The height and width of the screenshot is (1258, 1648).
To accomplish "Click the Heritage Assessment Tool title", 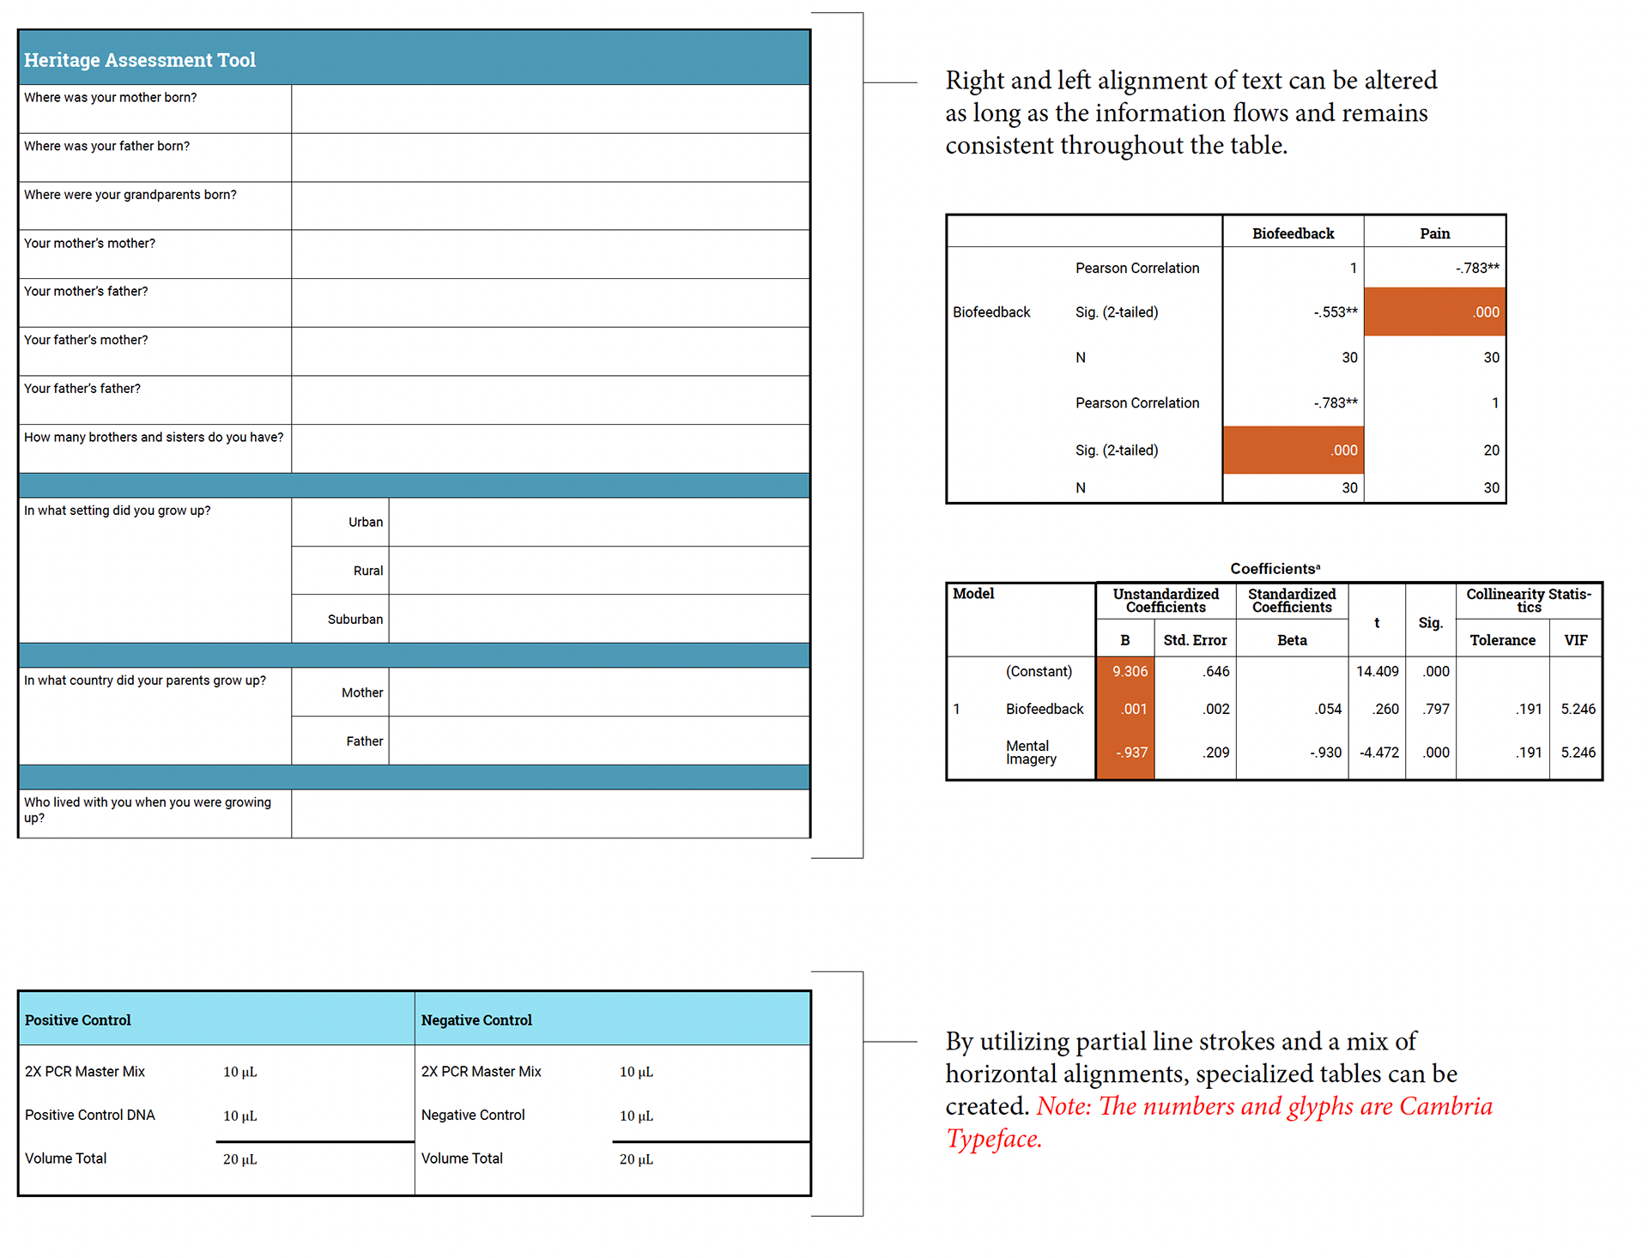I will (140, 60).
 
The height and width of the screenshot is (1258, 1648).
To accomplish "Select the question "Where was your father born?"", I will (107, 147).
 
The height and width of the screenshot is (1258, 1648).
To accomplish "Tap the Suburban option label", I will (355, 620).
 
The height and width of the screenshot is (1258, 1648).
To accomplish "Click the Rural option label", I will (368, 571).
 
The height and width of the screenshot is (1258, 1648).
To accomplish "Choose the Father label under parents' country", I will (365, 741).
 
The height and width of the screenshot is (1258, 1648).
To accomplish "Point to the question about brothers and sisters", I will (154, 438).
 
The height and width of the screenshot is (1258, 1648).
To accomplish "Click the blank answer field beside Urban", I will (598, 522).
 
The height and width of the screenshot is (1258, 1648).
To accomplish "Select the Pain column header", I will (1434, 233).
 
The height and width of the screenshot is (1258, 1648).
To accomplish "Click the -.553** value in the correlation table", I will (1336, 312).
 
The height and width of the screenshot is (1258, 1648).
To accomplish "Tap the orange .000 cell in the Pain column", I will (1434, 312).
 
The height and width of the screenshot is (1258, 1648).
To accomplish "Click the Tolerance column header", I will (1502, 640).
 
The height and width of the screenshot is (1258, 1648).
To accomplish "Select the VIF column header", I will (1576, 640).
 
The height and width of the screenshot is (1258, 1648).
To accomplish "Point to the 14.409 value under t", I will (1377, 672).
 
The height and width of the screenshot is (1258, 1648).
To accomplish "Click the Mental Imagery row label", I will (1031, 753).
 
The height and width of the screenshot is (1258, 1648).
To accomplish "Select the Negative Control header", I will (476, 1020).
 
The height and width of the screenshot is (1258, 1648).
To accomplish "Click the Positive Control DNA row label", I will (90, 1116).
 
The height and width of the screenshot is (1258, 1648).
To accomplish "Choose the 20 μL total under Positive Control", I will (240, 1159).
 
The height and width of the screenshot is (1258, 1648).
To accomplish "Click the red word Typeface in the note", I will (994, 1139).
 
